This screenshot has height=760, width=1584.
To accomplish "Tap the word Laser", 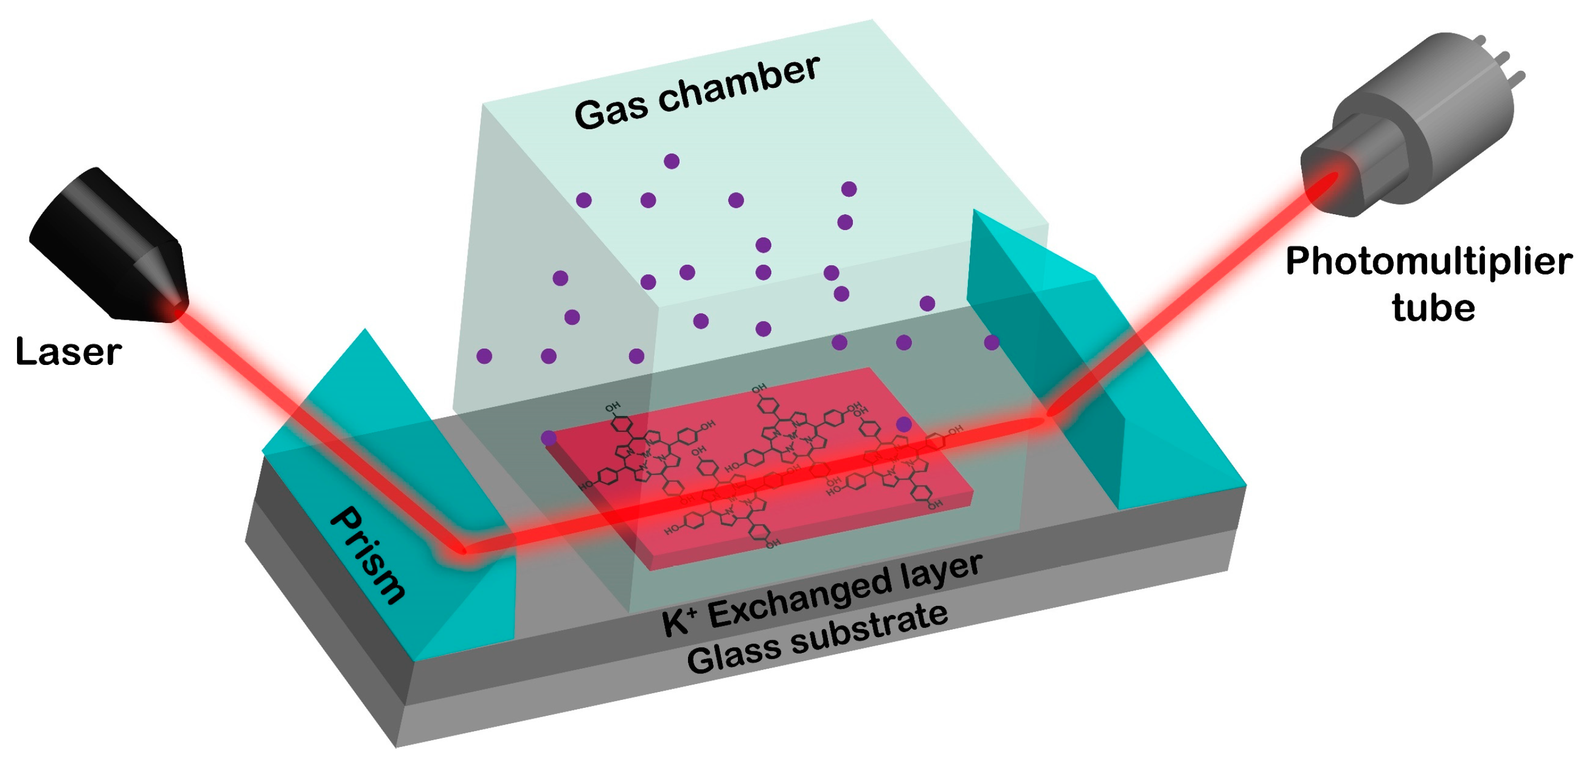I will [x=68, y=353].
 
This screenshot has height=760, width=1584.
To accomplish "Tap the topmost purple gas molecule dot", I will [x=672, y=162].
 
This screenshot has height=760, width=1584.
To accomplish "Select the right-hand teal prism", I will [x=1094, y=369].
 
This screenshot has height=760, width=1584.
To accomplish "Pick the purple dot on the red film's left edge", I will [x=549, y=438].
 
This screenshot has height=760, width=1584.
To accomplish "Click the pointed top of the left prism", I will [x=365, y=332].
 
